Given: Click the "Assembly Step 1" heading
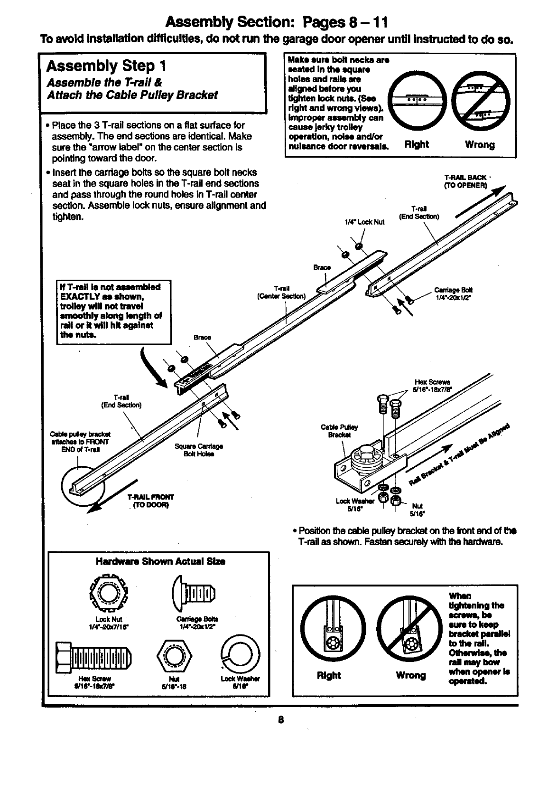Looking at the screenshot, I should [x=107, y=66].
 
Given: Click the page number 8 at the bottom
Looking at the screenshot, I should [x=281, y=720].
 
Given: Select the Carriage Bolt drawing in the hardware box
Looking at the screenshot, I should [x=194, y=593].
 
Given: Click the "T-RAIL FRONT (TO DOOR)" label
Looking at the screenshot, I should [x=150, y=501].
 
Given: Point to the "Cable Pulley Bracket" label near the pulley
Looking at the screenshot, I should [x=339, y=431].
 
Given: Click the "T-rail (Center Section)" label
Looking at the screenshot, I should [x=281, y=293].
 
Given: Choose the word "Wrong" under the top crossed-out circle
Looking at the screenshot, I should [x=479, y=144].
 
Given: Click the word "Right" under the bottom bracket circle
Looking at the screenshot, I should [x=329, y=675].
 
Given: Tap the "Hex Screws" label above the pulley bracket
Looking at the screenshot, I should [x=433, y=385].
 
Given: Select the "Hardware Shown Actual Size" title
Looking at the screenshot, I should [x=160, y=561].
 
